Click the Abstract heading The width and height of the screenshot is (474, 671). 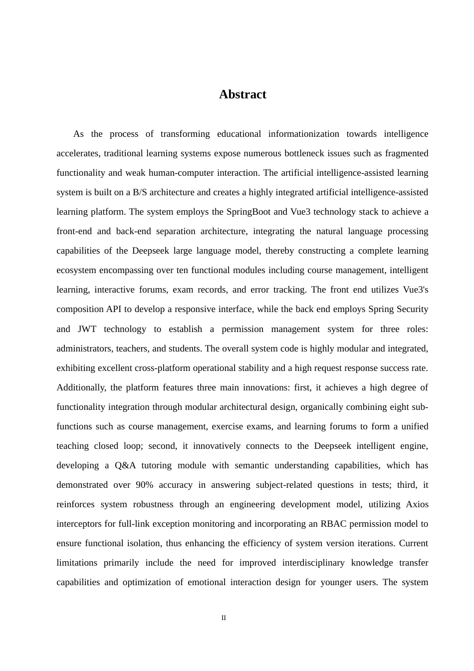pos(242,94)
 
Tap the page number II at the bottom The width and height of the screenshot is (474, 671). pos(224,618)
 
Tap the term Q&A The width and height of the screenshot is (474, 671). pos(125,465)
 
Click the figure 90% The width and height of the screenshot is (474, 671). pos(144,485)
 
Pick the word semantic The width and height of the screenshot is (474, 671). pos(252,465)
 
